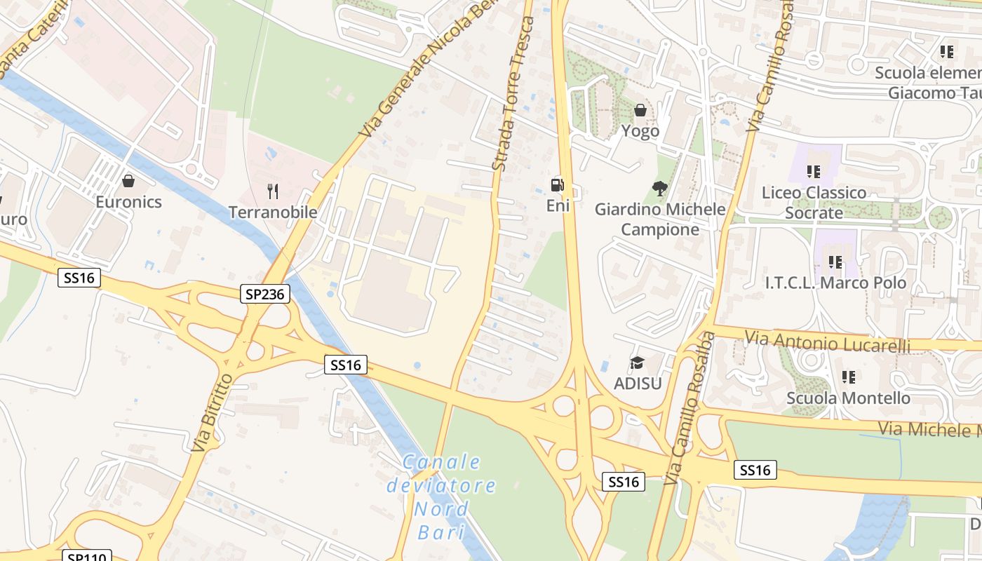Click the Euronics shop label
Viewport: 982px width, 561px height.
[128, 202]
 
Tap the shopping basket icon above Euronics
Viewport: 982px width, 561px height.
[128, 182]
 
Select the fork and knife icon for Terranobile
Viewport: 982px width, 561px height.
[274, 191]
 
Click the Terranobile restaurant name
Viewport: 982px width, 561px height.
[274, 212]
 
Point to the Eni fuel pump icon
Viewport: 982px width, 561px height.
[558, 185]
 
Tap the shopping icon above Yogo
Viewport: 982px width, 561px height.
[640, 110]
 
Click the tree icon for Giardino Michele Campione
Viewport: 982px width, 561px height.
[659, 188]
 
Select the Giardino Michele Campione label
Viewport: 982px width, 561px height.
[660, 219]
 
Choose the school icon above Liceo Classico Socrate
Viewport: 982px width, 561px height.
[814, 171]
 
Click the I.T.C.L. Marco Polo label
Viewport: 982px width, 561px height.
[835, 283]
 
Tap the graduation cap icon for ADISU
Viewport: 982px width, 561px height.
[637, 363]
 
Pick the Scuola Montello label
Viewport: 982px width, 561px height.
[848, 398]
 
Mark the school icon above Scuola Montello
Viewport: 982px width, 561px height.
[849, 377]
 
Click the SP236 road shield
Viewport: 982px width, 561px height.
[265, 294]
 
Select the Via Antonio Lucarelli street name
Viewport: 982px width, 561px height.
[828, 344]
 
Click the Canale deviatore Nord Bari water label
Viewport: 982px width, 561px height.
[441, 496]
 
